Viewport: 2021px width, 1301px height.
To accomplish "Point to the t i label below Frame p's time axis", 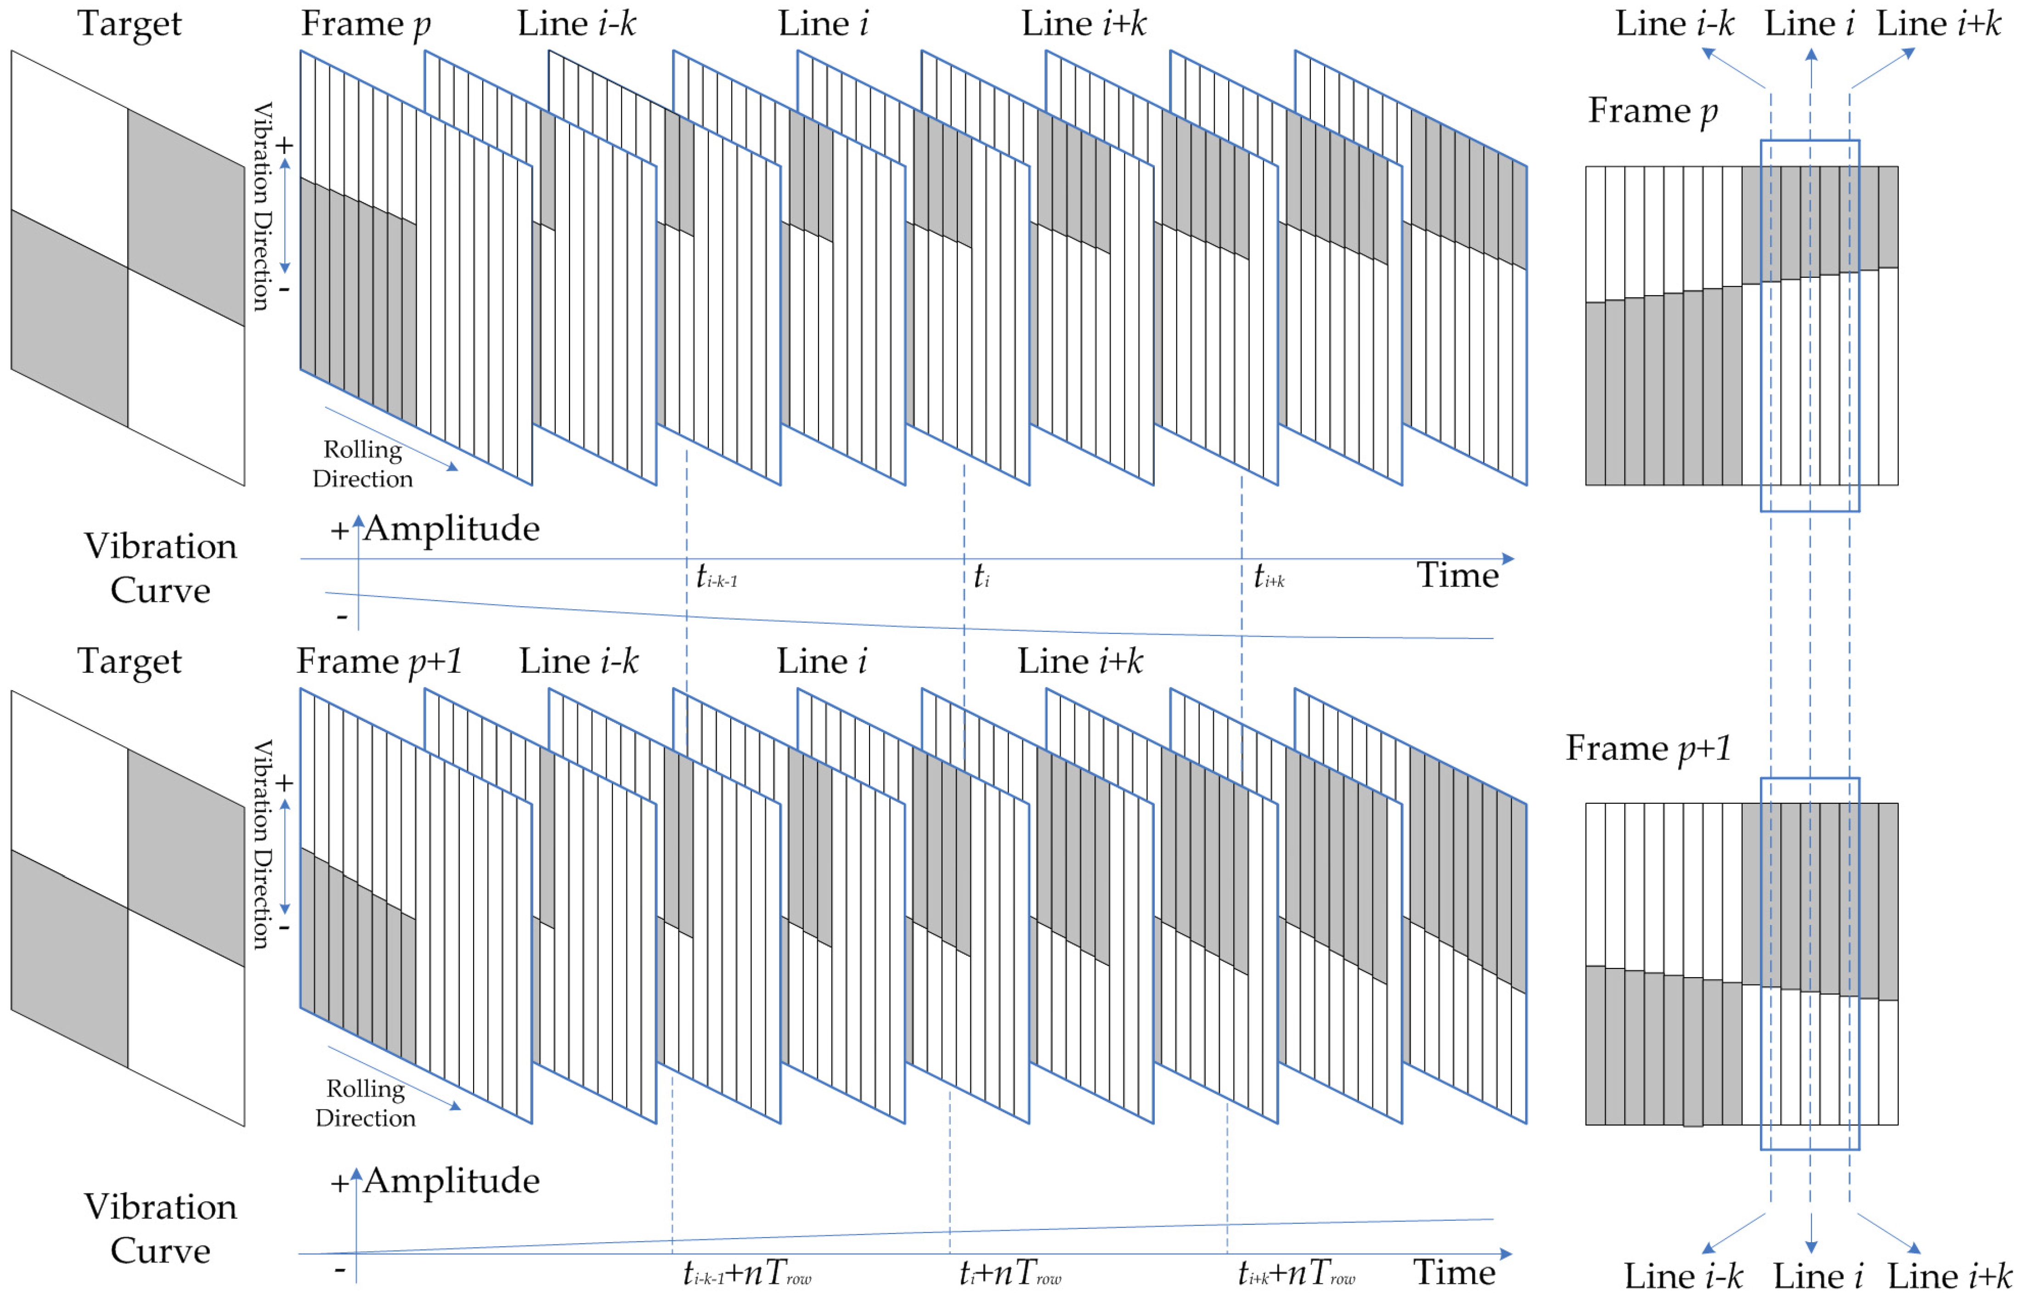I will pos(981,577).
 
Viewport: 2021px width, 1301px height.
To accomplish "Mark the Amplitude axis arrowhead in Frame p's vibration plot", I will pos(358,519).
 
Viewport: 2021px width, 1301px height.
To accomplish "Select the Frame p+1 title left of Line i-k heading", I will pos(379,661).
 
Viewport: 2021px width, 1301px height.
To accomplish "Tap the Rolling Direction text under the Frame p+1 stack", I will pos(365,1104).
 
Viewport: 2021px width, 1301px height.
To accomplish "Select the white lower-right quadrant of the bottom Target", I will pos(186,1018).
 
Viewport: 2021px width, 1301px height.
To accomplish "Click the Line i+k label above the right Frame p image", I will pos(1938,24).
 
